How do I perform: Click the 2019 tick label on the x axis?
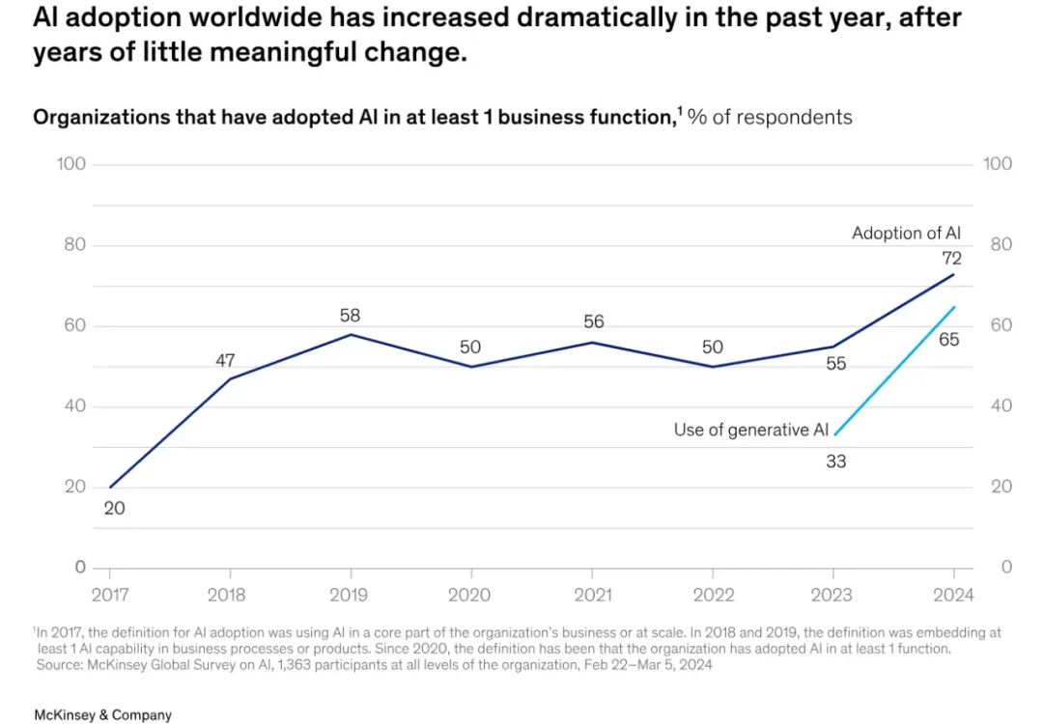pyautogui.click(x=350, y=595)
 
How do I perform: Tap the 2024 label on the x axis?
pyautogui.click(x=953, y=595)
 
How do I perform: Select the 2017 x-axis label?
pyautogui.click(x=109, y=595)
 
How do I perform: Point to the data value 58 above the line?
pyautogui.click(x=350, y=316)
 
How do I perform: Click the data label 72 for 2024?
pyautogui.click(x=952, y=258)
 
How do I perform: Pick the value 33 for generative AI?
pyautogui.click(x=835, y=461)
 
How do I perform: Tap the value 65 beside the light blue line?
pyautogui.click(x=949, y=340)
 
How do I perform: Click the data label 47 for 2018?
pyautogui.click(x=225, y=360)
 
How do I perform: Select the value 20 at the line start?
pyautogui.click(x=114, y=508)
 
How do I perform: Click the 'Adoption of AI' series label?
pyautogui.click(x=906, y=233)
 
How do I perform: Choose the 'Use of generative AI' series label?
pyautogui.click(x=751, y=431)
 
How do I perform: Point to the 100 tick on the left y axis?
pyautogui.click(x=71, y=164)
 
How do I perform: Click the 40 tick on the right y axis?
pyautogui.click(x=1001, y=405)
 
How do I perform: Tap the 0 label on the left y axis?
pyautogui.click(x=80, y=567)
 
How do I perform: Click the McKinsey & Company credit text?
pyautogui.click(x=102, y=715)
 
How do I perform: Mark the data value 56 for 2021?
pyautogui.click(x=593, y=321)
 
